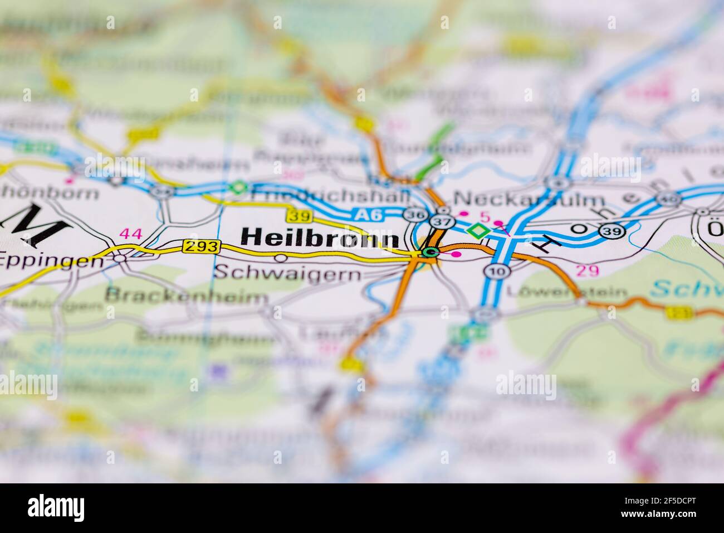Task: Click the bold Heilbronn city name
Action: pyautogui.click(x=320, y=238)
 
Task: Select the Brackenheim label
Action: pyautogui.click(x=187, y=295)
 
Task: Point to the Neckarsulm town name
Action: pyautogui.click(x=529, y=200)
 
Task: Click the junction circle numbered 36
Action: pyautogui.click(x=413, y=215)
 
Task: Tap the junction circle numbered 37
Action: pyautogui.click(x=438, y=222)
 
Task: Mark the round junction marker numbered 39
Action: pyautogui.click(x=613, y=231)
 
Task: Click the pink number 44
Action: pyautogui.click(x=131, y=234)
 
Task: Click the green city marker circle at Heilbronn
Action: pyautogui.click(x=429, y=253)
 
